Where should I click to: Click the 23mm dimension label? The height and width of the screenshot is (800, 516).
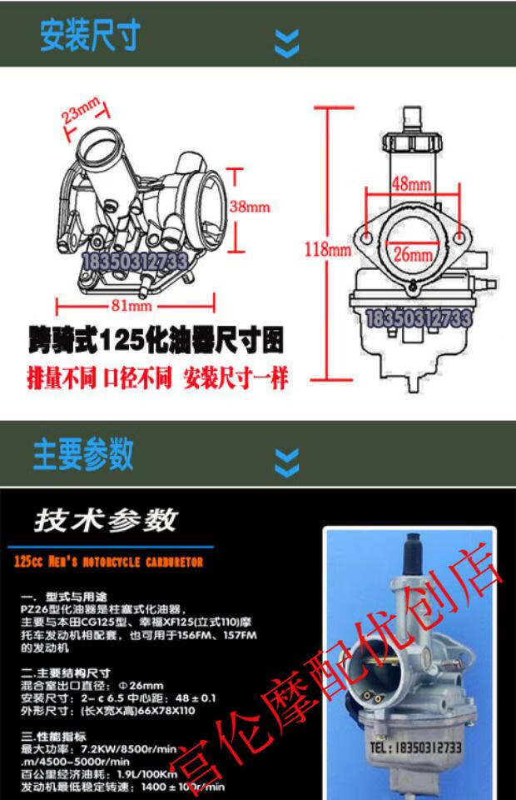coord(81,113)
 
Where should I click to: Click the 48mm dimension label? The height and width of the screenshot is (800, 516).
coord(410,182)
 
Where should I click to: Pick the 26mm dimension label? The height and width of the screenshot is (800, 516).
coord(413,254)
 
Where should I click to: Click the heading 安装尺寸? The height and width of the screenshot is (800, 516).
coord(90,36)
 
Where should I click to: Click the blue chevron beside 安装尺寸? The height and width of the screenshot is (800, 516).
coord(287,42)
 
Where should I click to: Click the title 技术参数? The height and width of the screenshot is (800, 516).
coord(106,520)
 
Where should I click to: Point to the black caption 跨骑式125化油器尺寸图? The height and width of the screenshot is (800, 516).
coord(155,342)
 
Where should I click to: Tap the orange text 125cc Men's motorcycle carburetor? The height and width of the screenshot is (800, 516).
coord(109,562)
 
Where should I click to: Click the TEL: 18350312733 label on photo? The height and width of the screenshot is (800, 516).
coord(413,747)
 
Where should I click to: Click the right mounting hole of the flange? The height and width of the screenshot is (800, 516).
coord(456,240)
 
